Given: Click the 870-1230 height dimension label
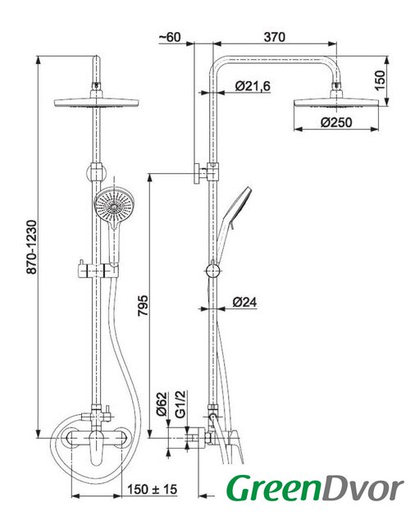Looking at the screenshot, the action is (32, 247).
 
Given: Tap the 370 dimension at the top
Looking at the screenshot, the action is (275, 37).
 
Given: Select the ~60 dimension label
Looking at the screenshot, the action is (170, 37).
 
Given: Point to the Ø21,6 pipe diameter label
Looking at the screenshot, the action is (253, 86).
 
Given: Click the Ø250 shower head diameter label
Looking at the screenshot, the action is (336, 122).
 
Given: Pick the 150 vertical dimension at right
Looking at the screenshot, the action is (380, 80).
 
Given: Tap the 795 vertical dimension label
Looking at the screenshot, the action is (143, 305).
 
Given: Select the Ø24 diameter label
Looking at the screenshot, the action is (244, 303).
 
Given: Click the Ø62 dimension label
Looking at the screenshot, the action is (162, 404).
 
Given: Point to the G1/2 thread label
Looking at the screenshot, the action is (180, 404).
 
